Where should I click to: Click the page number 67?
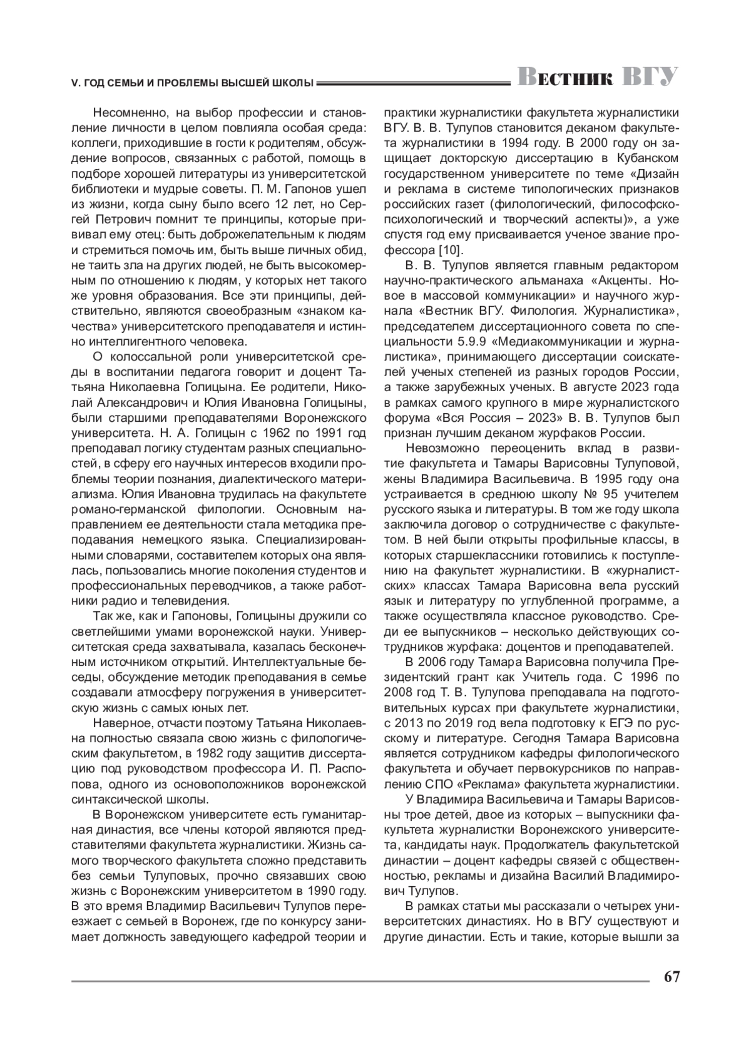tap(672, 977)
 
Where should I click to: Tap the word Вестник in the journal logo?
tap(565, 77)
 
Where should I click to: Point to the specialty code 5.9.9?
tap(466, 341)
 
